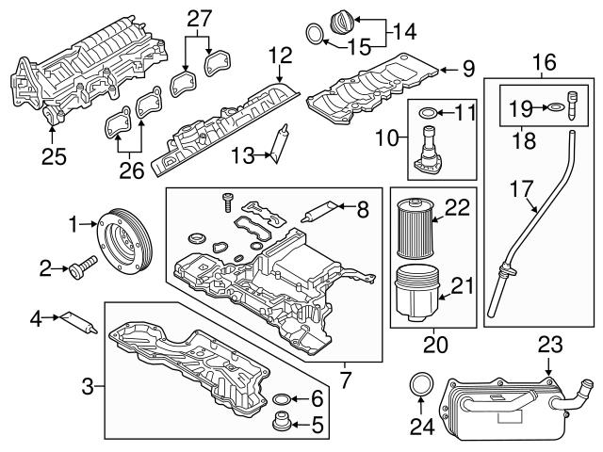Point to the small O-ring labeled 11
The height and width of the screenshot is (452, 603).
426,114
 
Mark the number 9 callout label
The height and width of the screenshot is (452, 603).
469,69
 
